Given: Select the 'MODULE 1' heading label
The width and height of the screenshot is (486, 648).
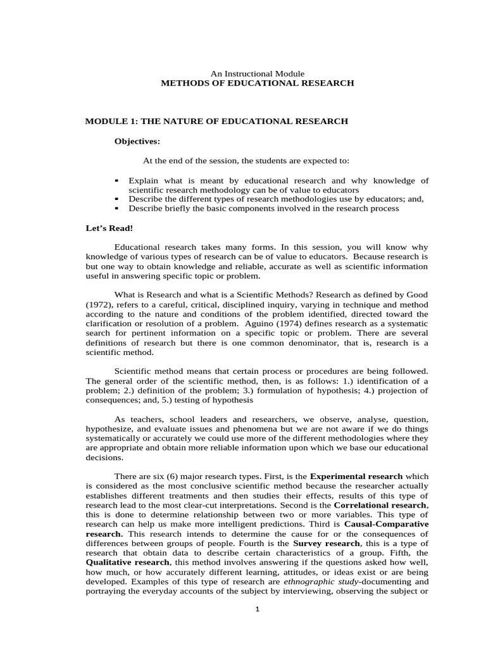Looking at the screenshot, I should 108,121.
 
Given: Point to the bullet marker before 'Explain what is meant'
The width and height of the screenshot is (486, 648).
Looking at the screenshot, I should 118,180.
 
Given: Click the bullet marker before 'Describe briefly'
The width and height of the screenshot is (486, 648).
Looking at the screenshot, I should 118,208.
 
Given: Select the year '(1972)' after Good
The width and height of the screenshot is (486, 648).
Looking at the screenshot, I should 100,304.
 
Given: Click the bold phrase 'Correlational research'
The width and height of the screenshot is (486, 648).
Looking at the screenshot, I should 380,506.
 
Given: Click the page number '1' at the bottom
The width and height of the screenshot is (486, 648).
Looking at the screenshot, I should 256,610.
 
